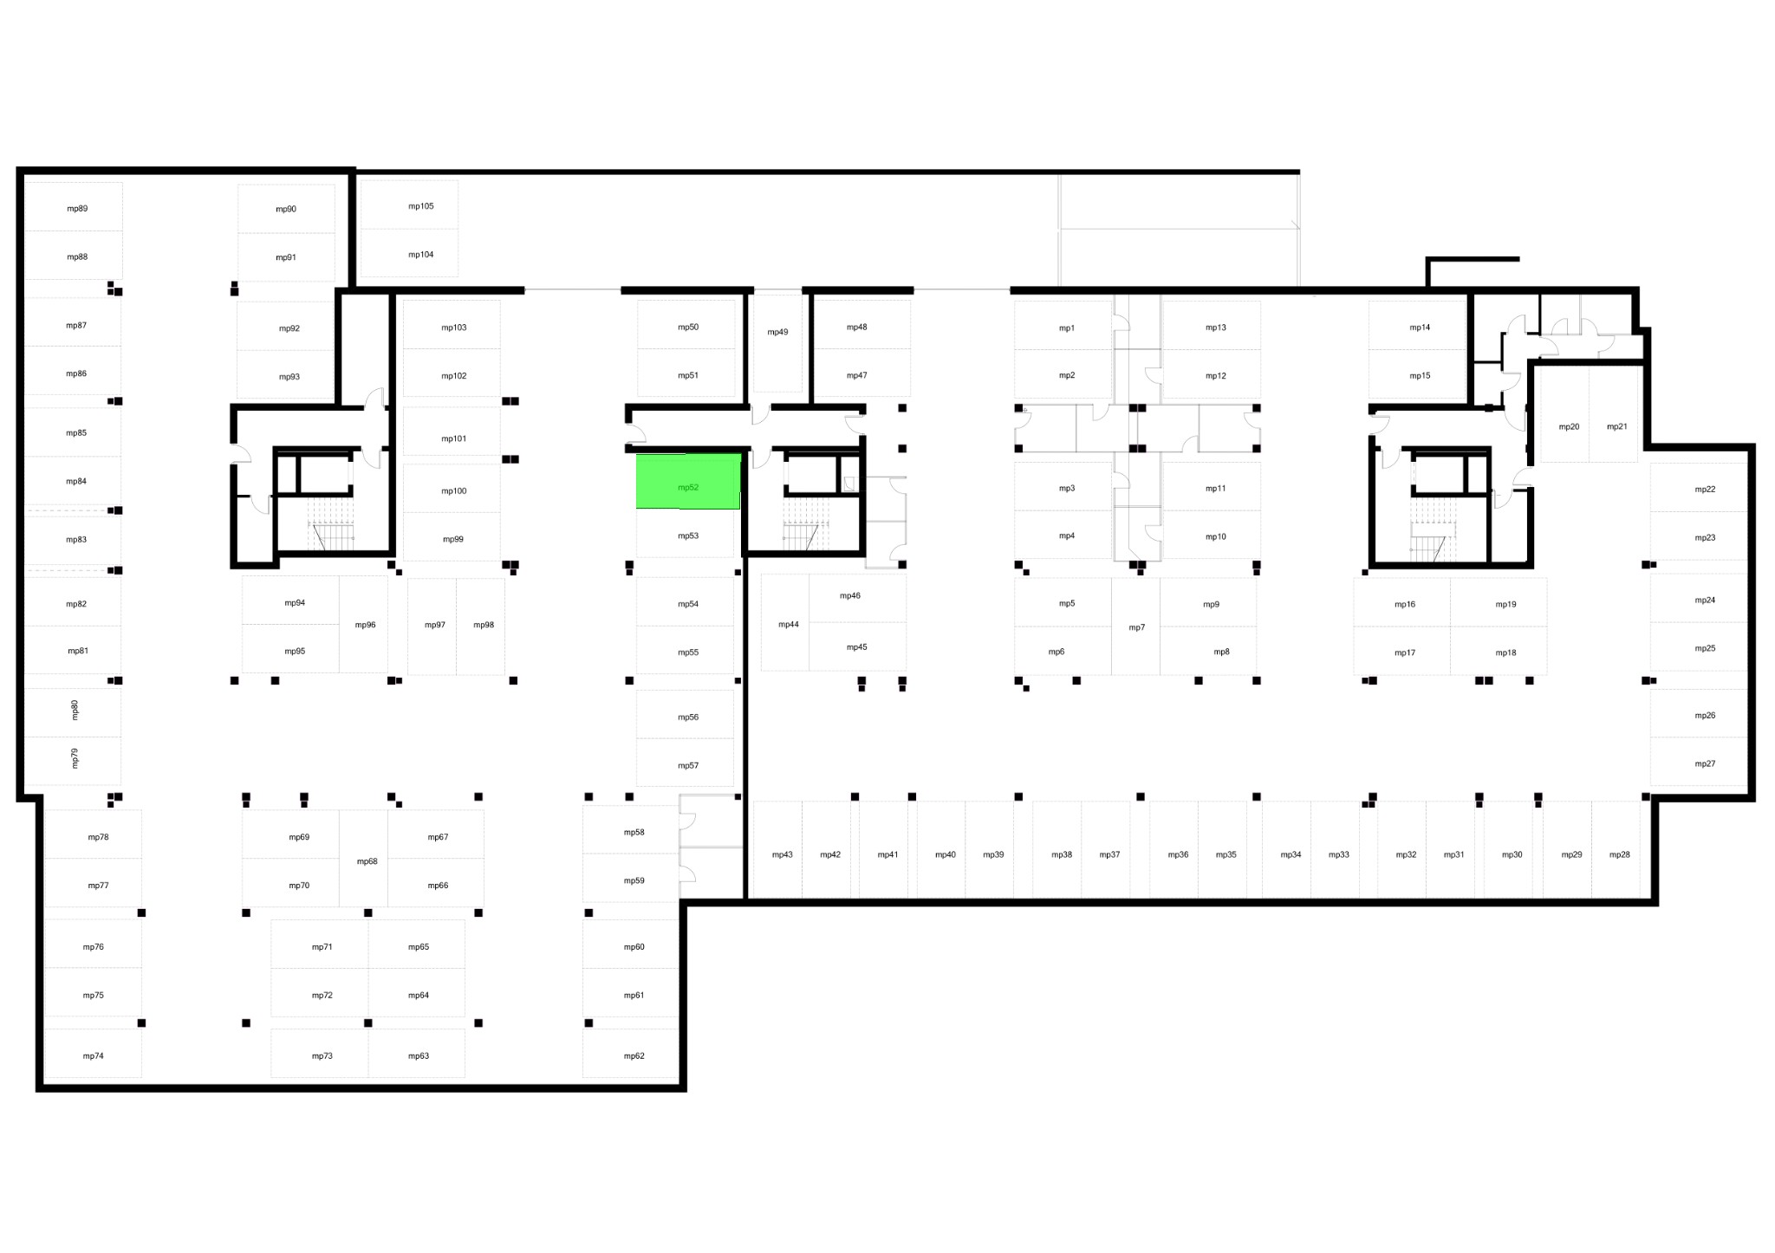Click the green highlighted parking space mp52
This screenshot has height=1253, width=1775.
click(x=688, y=481)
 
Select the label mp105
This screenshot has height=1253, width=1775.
click(x=421, y=206)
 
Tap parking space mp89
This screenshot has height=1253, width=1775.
click(x=74, y=206)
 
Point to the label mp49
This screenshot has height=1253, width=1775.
click(x=777, y=332)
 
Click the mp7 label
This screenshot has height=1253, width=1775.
click(x=1136, y=627)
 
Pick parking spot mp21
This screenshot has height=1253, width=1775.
click(x=1614, y=414)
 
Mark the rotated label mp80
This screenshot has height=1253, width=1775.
click(x=75, y=710)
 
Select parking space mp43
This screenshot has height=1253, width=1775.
click(x=778, y=849)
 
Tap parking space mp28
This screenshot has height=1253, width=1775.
click(x=1616, y=849)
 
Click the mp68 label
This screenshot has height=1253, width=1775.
click(x=367, y=861)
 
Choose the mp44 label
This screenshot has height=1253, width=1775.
click(x=789, y=624)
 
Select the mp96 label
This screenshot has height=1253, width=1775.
click(x=365, y=625)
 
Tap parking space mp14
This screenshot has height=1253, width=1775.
click(x=1417, y=325)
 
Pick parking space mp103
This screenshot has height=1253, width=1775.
click(x=452, y=325)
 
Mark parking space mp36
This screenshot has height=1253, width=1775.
click(x=1174, y=849)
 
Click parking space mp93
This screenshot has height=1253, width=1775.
click(x=286, y=374)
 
